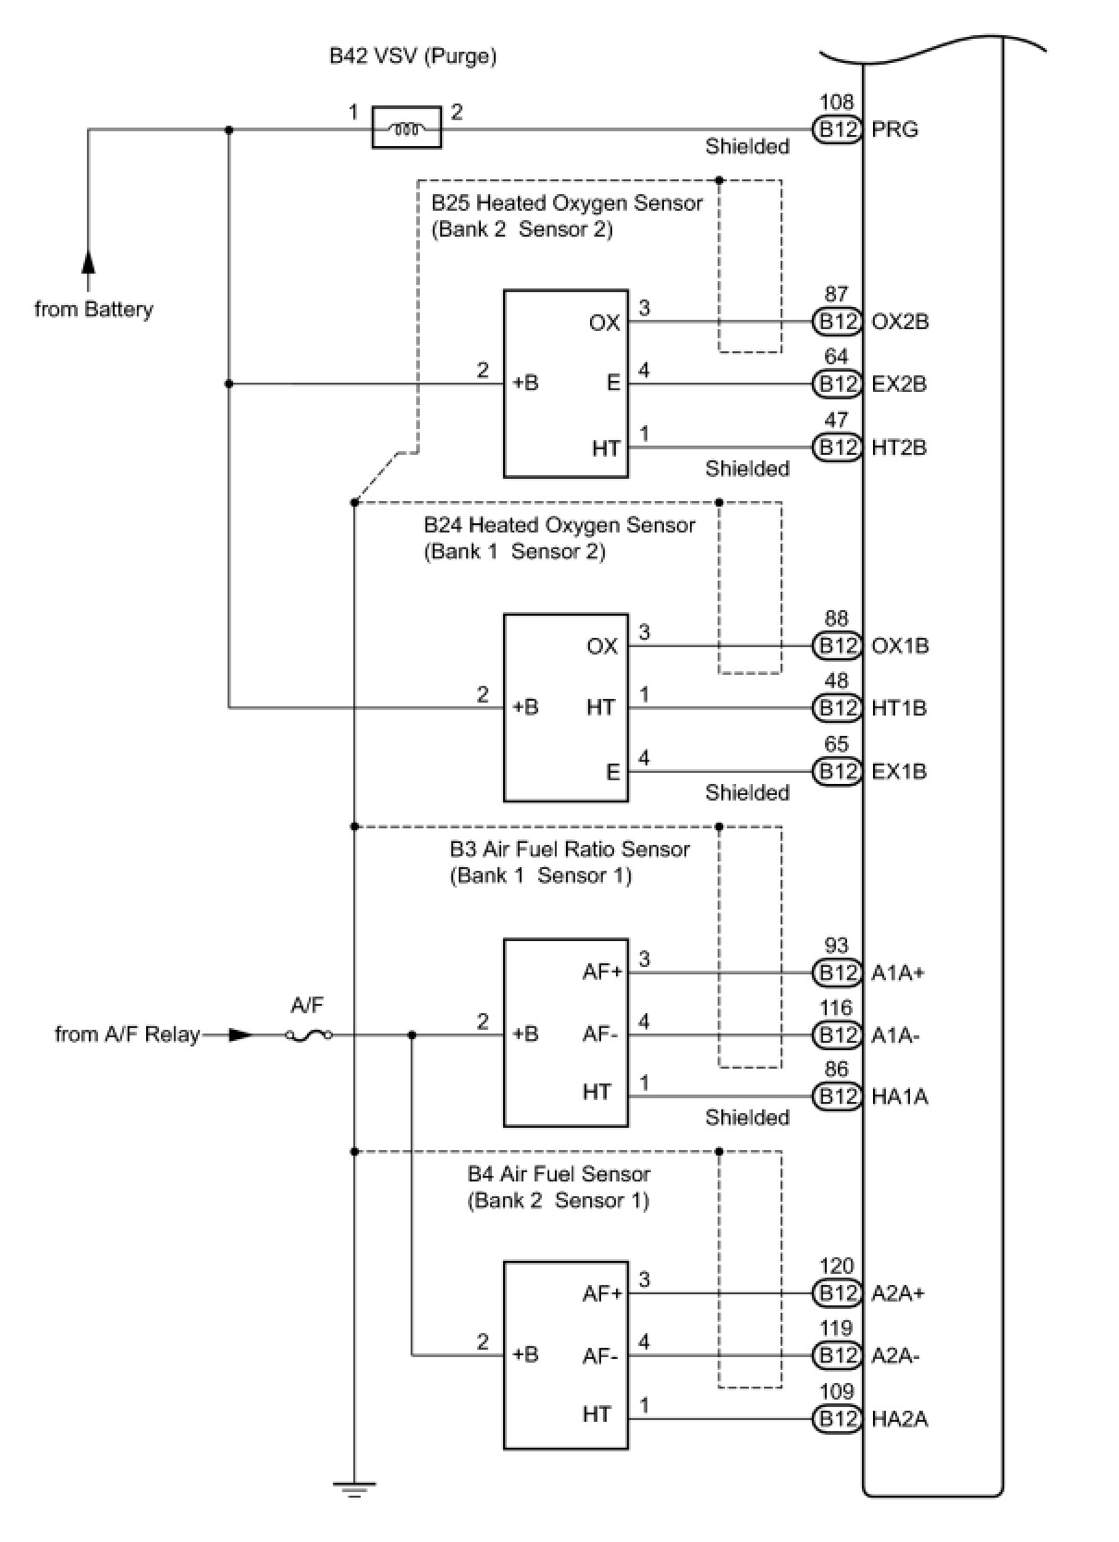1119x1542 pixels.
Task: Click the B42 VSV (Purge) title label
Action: coord(412,56)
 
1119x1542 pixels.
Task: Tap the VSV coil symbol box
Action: coord(406,128)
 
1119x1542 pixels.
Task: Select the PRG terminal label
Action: coord(894,129)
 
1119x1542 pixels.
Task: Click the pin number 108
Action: coord(836,103)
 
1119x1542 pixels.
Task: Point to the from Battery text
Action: coord(93,309)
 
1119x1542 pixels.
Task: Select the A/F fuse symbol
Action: coord(309,1034)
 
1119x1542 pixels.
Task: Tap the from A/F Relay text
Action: coord(128,1034)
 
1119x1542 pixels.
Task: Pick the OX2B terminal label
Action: coord(900,322)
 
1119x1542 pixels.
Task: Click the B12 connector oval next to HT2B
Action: coord(837,447)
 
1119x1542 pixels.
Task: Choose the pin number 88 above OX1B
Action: coord(836,618)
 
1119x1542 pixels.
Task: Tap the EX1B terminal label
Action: coord(899,772)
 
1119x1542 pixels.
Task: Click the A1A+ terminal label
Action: coord(898,973)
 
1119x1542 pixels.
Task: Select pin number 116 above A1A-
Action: coord(836,1008)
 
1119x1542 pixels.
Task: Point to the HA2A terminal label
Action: coord(900,1419)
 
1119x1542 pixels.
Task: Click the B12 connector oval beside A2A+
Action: coord(837,1294)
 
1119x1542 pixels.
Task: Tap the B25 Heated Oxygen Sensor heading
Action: coord(567,203)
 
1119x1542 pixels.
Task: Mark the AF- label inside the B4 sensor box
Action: coord(600,1357)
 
